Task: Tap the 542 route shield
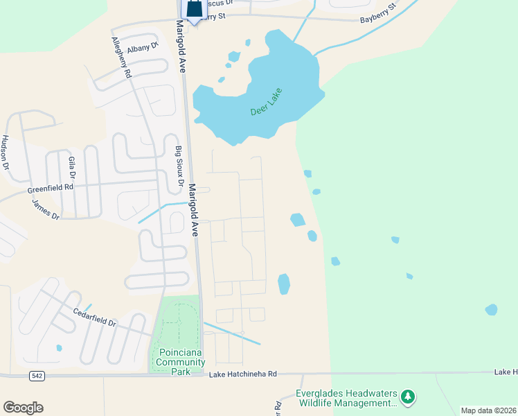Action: point(37,375)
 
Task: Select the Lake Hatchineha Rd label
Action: point(242,374)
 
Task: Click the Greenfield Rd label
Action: point(51,188)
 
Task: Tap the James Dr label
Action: point(46,209)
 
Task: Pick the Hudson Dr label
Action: point(6,153)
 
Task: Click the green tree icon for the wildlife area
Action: point(409,397)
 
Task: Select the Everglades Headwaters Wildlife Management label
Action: point(344,398)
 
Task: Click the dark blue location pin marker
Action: point(194,10)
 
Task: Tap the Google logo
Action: point(23,408)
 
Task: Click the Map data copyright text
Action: point(488,410)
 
